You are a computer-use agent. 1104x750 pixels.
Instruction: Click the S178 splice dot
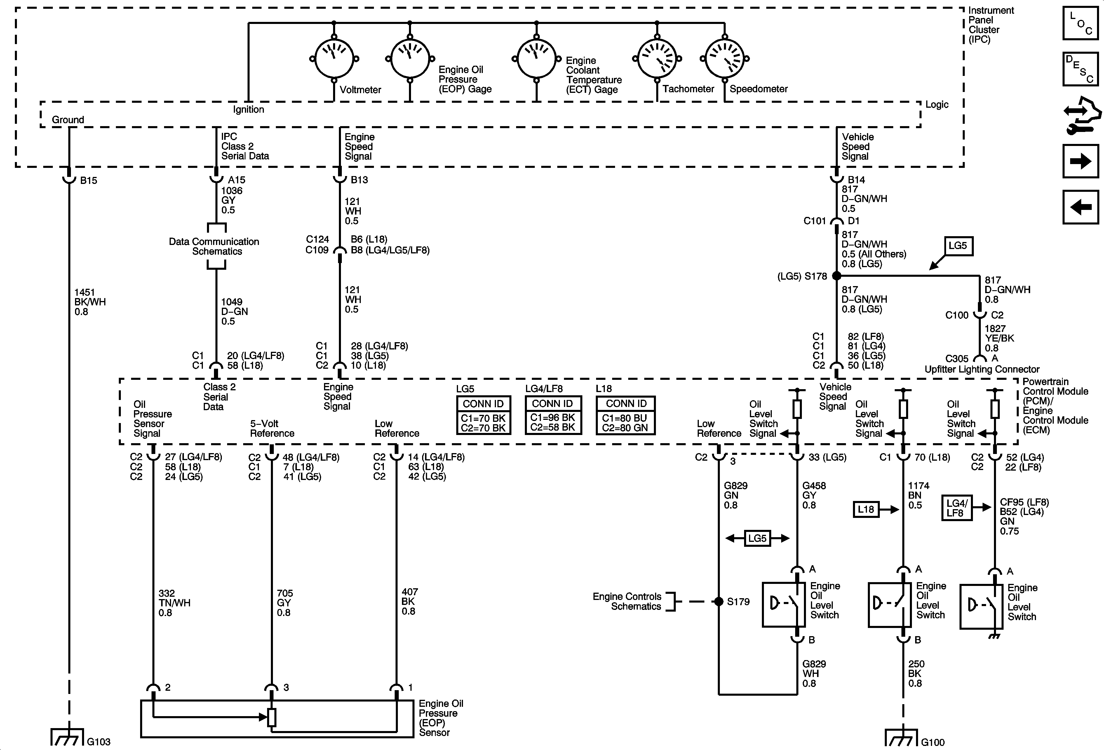click(837, 276)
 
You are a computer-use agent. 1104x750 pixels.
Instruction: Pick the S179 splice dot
click(719, 601)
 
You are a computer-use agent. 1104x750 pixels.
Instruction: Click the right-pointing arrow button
click(1081, 161)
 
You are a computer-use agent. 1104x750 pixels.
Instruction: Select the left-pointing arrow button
click(1081, 207)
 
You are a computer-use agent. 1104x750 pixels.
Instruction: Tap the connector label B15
click(89, 180)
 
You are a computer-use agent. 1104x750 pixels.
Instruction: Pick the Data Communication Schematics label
click(214, 246)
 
